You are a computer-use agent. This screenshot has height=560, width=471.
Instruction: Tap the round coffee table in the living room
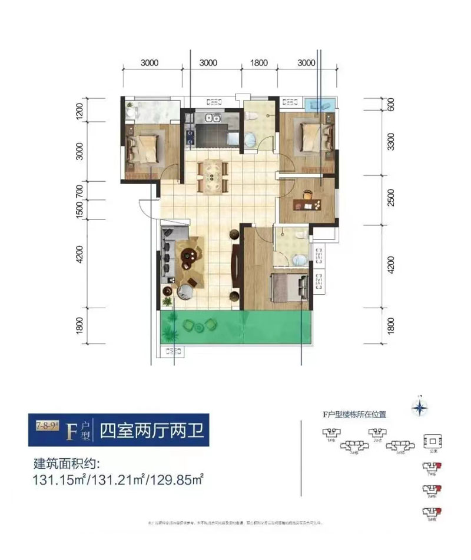[188, 255]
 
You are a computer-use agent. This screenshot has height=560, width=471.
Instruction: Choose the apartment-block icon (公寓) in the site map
[433, 441]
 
